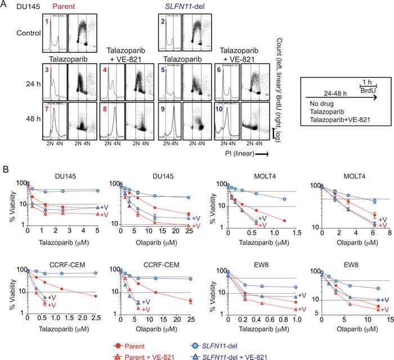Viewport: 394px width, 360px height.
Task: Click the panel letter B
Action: click(x=6, y=169)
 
